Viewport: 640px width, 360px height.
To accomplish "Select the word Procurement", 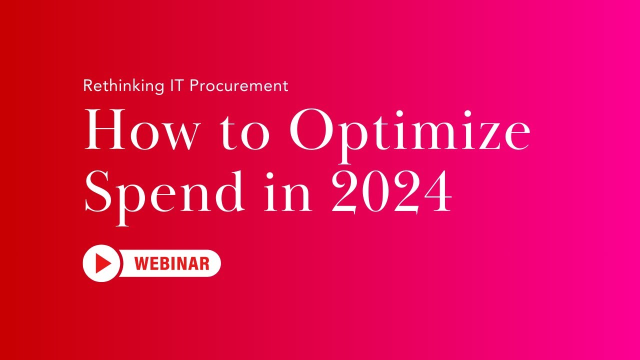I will (x=238, y=86).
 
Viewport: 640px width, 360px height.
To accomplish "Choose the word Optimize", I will (x=409, y=131).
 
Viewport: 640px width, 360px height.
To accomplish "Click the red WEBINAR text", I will (x=172, y=263).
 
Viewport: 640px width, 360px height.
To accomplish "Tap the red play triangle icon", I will (x=102, y=263).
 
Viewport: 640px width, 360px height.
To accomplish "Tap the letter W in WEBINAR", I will (x=142, y=263).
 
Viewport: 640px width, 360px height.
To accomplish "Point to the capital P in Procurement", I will (x=194, y=86).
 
